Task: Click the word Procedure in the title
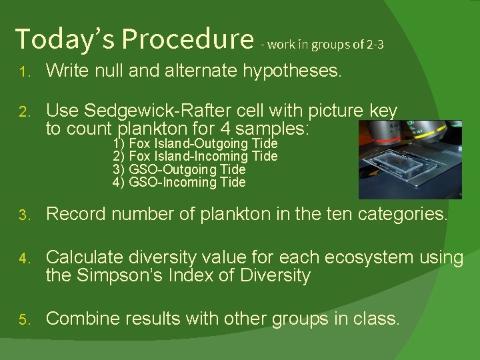[188, 39]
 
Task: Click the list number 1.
[23, 72]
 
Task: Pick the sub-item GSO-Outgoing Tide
[179, 169]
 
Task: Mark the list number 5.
[23, 320]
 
